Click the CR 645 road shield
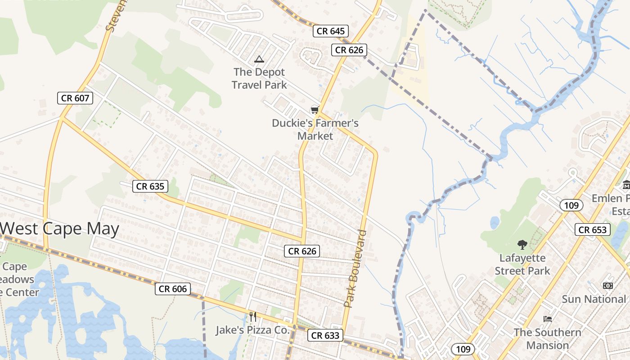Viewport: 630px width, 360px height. tap(331, 31)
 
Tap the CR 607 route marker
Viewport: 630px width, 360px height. tap(75, 98)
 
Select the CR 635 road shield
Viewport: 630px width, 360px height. tap(150, 186)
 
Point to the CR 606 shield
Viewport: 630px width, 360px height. tap(173, 289)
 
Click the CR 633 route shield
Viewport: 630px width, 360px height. tap(325, 335)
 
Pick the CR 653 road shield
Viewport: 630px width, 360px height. tap(593, 229)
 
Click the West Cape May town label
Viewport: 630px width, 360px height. tap(60, 229)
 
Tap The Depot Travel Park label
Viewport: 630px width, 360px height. tap(259, 78)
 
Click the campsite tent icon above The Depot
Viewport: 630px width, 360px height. tap(259, 59)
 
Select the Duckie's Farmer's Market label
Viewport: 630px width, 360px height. tap(315, 129)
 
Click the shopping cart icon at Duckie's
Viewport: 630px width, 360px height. tap(315, 110)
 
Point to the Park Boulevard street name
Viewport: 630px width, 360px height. tap(355, 269)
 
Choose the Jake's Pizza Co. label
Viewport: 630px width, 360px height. tap(252, 330)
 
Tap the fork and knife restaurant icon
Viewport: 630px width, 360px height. tap(253, 317)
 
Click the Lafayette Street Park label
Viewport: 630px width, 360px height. tap(522, 264)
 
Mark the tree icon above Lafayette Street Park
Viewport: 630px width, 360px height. tap(522, 245)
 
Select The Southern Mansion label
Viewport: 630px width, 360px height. tap(547, 339)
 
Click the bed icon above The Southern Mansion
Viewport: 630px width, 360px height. tap(548, 319)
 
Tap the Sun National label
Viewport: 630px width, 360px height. tap(594, 299)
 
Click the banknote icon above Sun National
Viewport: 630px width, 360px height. tap(608, 286)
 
